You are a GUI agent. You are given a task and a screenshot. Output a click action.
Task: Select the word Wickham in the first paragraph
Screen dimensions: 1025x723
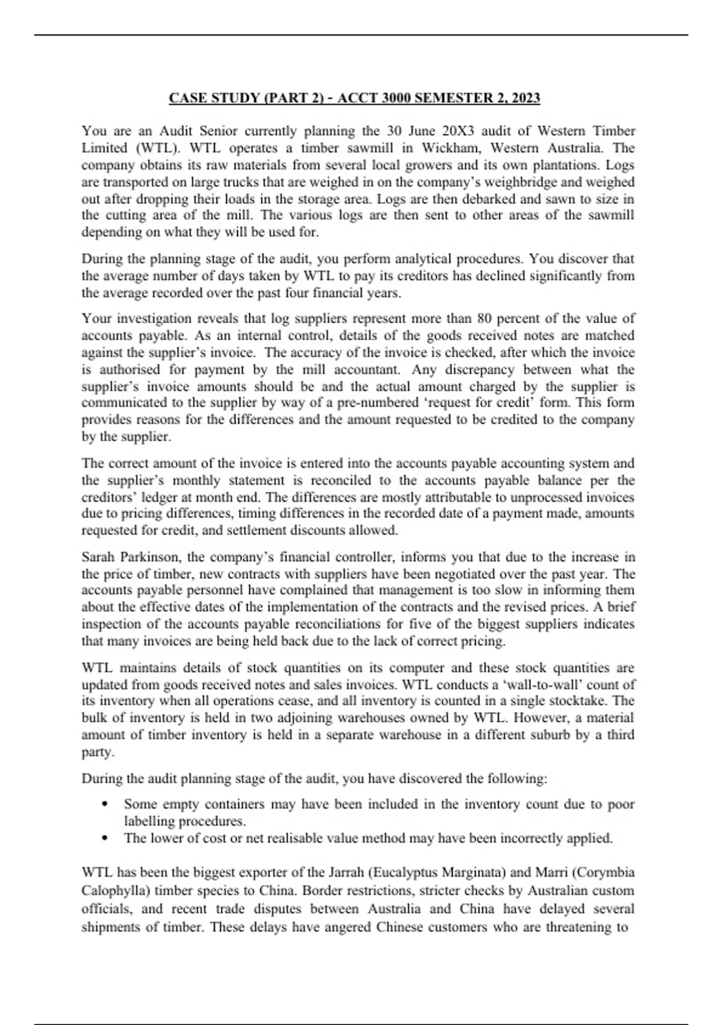[x=450, y=148]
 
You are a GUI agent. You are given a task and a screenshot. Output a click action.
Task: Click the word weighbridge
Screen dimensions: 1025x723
[x=548, y=181]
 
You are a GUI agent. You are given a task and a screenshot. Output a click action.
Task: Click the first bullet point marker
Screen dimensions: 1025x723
[x=106, y=804]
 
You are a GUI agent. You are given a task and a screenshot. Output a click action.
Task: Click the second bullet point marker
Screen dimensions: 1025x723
[x=106, y=838]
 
